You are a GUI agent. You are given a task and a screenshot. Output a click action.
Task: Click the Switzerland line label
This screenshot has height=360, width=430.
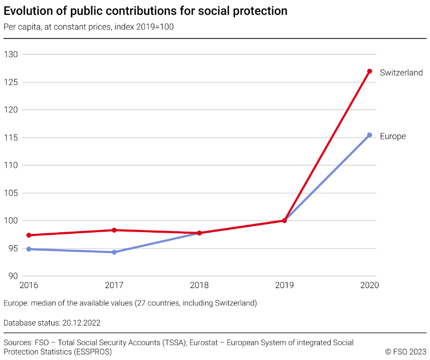(x=401, y=72)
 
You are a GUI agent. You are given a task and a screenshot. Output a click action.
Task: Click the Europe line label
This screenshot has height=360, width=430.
(x=393, y=136)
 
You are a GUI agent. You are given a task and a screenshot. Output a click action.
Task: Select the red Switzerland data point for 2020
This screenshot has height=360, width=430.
(x=370, y=71)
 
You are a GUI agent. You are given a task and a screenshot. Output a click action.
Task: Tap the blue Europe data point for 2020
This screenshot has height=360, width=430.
(x=370, y=135)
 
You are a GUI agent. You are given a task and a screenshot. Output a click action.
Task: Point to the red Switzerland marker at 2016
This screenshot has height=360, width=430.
(x=29, y=235)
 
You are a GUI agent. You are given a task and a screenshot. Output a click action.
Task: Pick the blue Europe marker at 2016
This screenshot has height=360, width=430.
(x=29, y=249)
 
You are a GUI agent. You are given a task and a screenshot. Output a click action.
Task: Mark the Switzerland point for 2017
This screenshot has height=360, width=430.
(x=114, y=230)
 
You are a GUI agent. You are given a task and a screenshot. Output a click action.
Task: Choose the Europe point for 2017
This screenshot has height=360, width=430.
(x=114, y=252)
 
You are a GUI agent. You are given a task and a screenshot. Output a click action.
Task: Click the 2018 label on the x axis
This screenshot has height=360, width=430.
(x=199, y=286)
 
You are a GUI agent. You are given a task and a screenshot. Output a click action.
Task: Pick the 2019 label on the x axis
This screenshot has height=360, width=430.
(x=284, y=286)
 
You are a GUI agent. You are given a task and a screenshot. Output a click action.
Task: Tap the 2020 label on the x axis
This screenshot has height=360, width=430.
(x=369, y=286)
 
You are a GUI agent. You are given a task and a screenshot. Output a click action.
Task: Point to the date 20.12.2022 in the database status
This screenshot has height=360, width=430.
(x=81, y=323)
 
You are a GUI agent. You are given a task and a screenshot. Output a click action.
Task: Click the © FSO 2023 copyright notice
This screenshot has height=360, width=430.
(x=406, y=352)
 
